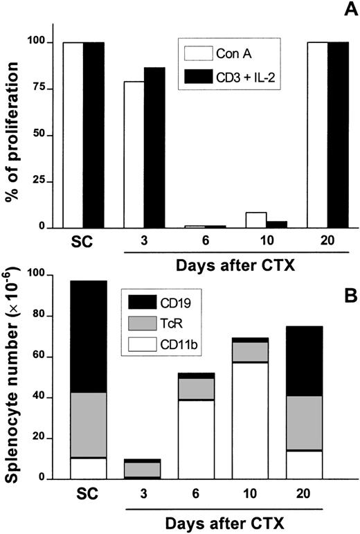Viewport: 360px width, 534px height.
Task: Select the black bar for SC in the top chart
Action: (93, 134)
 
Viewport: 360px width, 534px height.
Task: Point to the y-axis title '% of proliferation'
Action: (13, 134)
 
